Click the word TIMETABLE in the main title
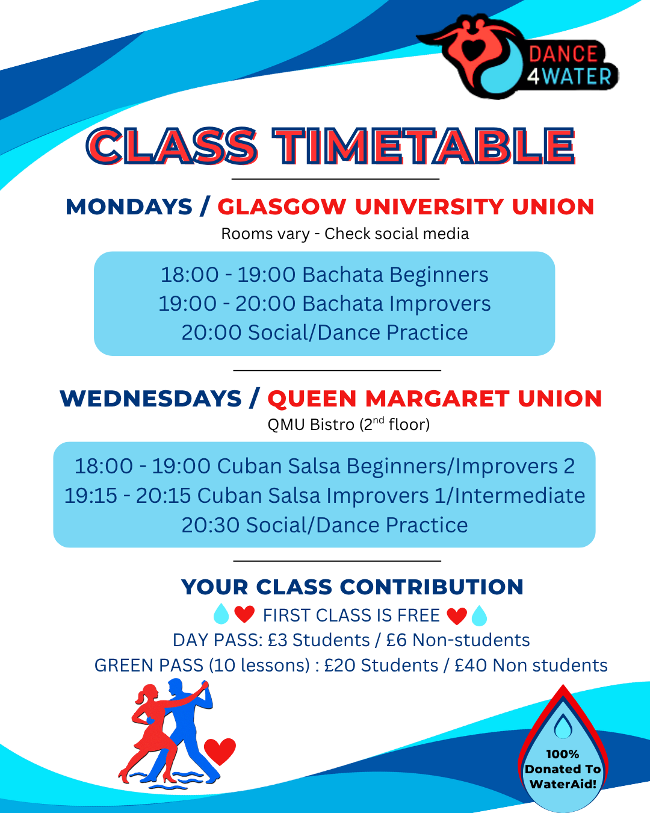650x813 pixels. coord(423,146)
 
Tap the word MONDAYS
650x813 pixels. coord(129,207)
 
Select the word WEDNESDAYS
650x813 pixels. coord(150,399)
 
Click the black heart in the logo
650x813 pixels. coord(473,50)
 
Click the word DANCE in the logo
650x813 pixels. coord(563,54)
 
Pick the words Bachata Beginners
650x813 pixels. coord(395,275)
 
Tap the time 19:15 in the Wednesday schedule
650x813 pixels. coord(91,495)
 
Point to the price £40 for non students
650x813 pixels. coord(471,665)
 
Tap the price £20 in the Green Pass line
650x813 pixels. coord(339,665)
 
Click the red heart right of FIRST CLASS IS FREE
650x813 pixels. coord(457,616)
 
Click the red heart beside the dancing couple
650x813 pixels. coord(220,750)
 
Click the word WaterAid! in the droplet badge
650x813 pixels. coord(563,784)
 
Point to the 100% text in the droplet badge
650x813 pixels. coord(562,754)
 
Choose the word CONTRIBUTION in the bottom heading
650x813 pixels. coord(432,587)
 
